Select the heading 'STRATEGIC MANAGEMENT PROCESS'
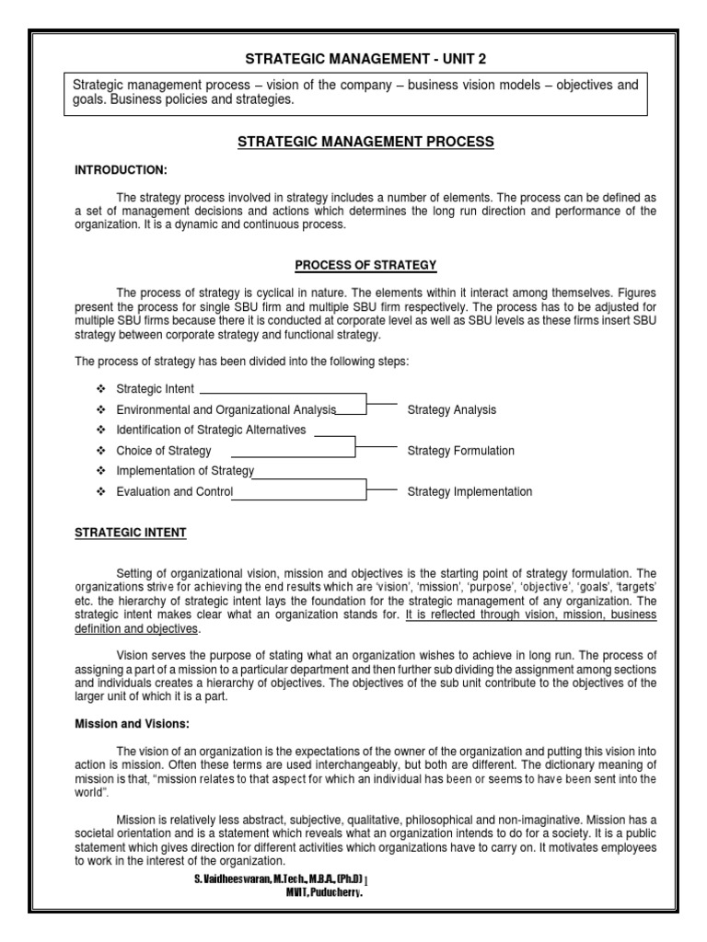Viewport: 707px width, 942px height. [366, 142]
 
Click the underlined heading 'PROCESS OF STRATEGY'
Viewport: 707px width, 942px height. [365, 266]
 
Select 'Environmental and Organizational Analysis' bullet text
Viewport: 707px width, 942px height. [226, 409]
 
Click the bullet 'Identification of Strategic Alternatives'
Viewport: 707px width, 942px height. [211, 430]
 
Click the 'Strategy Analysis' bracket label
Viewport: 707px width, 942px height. [451, 409]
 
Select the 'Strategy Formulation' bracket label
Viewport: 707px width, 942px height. [460, 451]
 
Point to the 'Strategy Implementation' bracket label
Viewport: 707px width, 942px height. [469, 492]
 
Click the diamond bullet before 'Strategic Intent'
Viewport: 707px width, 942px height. [99, 389]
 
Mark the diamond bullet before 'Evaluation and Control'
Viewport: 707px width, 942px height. [99, 492]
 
